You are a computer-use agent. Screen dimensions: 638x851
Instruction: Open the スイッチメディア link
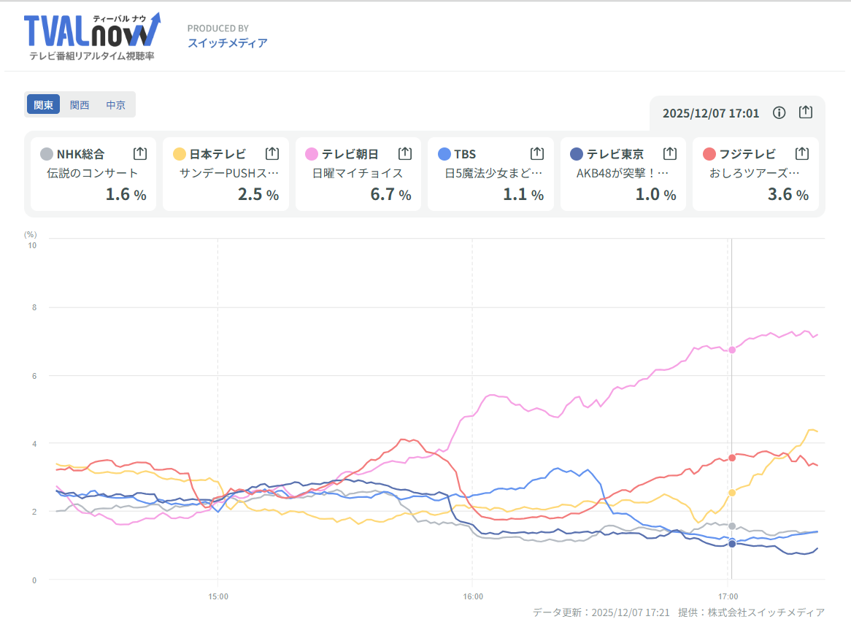point(227,43)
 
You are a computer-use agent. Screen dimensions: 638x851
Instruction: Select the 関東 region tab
point(44,105)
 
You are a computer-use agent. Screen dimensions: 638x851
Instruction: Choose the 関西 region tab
point(80,105)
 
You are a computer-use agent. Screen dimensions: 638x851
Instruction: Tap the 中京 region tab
point(116,105)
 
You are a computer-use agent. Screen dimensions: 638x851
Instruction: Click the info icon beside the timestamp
point(779,112)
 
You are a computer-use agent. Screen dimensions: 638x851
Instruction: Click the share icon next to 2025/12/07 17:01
point(805,112)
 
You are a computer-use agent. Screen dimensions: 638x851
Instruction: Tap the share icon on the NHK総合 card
point(140,154)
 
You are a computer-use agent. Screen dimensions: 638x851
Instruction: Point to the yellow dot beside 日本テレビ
point(180,154)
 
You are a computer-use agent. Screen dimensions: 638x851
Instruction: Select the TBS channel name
point(465,154)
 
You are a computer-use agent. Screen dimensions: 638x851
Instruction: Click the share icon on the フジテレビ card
point(801,154)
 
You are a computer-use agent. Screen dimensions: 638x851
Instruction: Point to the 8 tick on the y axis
point(32,307)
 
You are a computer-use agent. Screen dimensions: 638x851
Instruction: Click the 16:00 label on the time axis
point(473,596)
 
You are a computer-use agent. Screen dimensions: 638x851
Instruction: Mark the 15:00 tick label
point(218,596)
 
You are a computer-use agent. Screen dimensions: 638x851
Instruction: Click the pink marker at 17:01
point(732,350)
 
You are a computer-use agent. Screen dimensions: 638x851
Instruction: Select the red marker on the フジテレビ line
point(732,458)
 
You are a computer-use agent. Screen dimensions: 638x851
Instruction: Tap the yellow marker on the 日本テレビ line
point(732,493)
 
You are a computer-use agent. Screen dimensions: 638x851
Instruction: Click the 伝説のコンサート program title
point(92,174)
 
